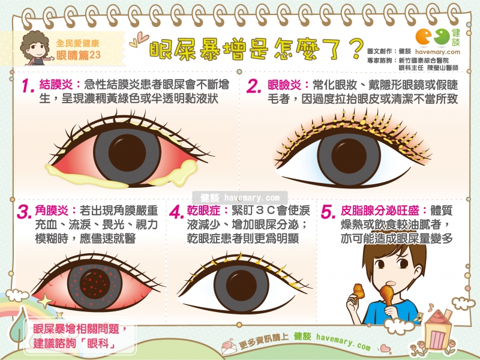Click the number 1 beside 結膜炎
pos(28,86)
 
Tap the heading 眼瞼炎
pos(284,85)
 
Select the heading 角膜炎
pos(52,211)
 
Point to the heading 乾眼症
pos(203,211)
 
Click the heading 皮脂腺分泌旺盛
pos(380,211)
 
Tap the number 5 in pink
pos(328,212)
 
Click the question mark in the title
pos(356,49)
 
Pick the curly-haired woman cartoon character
pos(36,49)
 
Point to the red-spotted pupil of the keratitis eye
pos(95,283)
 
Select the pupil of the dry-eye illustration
pos(242,286)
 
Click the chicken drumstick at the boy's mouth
pos(388,295)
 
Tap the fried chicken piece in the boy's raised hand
pos(358,292)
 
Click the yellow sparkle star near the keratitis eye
pos(45,301)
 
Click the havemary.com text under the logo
pos(437,52)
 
